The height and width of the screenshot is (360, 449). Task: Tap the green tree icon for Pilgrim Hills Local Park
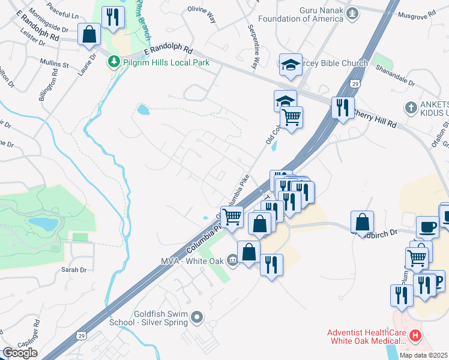pos(113,61)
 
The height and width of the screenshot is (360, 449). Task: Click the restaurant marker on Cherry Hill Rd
pos(342,107)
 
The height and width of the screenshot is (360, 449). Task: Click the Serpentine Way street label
pos(253,47)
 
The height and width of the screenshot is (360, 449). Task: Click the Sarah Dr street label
pos(74,269)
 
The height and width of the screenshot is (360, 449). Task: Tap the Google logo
pos(20,352)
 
